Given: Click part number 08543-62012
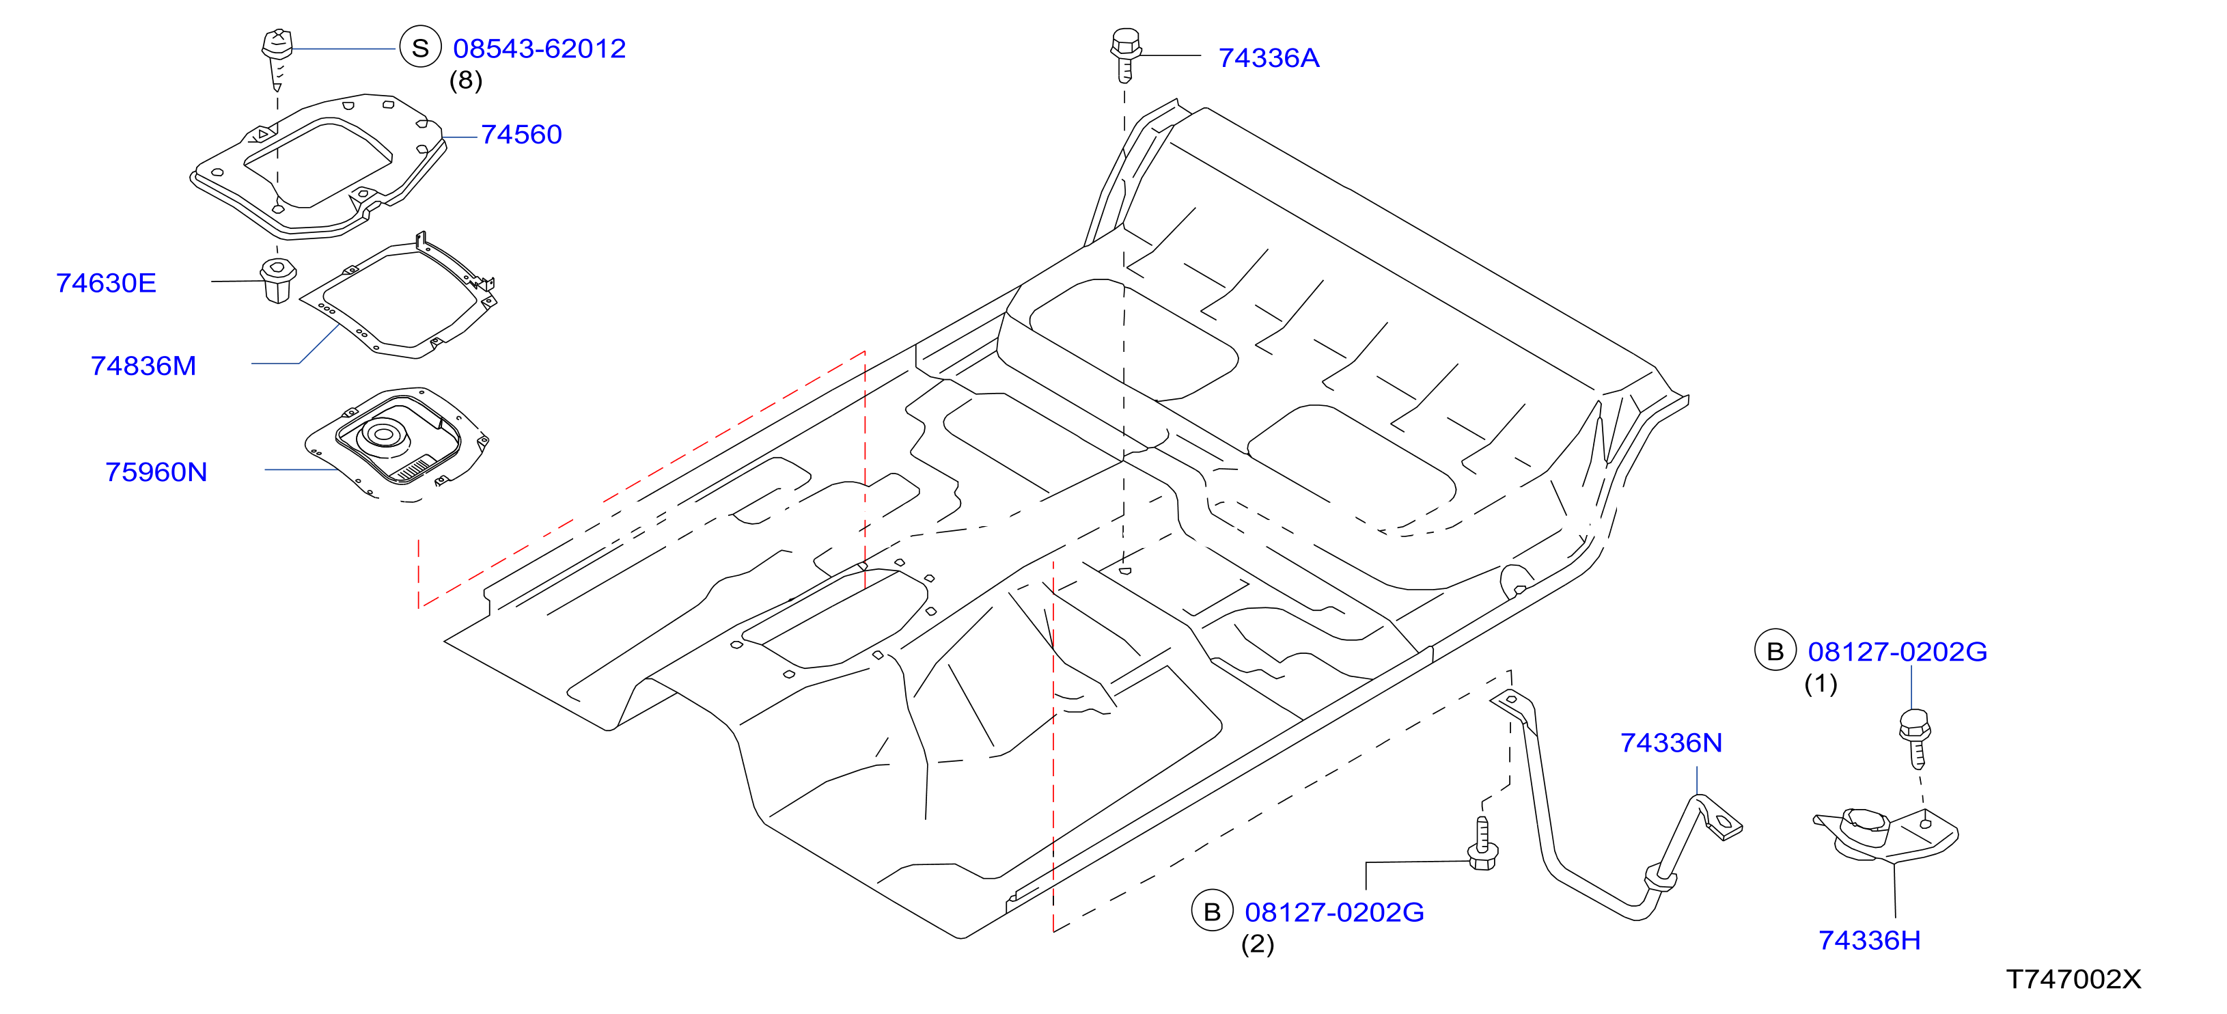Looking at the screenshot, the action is tap(540, 49).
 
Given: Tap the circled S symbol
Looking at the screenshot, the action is tap(420, 49).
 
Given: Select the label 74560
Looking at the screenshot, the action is tap(521, 134).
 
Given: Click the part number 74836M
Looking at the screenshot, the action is tap(143, 366).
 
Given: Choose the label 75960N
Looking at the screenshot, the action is tap(156, 472).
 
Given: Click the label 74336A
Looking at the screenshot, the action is tap(1269, 58).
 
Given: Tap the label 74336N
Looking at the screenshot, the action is tap(1671, 743).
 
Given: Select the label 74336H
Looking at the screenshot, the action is tap(1870, 940).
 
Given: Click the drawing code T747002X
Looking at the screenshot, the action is tap(2074, 978).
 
